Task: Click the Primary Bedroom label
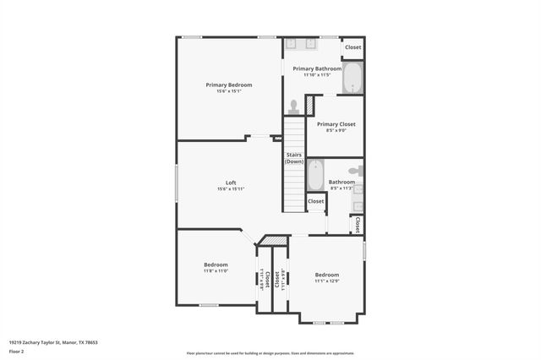tap(229, 85)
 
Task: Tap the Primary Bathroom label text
tap(317, 68)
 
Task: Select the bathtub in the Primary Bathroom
tap(352, 79)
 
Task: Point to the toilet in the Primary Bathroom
tap(293, 107)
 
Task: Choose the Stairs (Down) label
tap(294, 158)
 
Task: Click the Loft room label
tap(231, 183)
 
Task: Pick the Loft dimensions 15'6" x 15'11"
tap(231, 188)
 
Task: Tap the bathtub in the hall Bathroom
tap(315, 176)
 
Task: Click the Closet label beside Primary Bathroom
tap(352, 47)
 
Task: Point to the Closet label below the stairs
tap(315, 201)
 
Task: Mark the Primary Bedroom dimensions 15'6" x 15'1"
tap(229, 91)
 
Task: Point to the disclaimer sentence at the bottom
tap(270, 352)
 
